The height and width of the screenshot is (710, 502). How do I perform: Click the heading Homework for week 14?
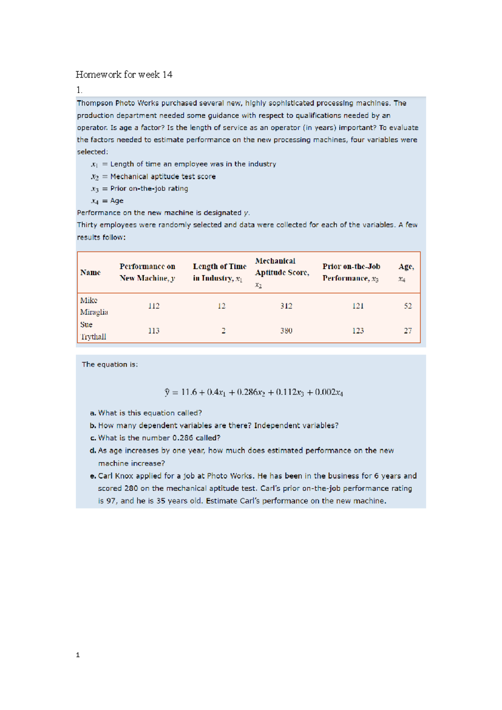(x=124, y=75)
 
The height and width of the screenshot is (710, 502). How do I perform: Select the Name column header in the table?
(x=90, y=273)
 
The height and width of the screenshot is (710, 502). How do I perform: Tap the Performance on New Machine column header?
(x=147, y=272)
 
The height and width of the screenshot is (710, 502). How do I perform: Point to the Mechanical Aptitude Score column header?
(x=282, y=272)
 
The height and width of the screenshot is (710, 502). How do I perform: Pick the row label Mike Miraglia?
(x=94, y=306)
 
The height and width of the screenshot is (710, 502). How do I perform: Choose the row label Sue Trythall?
(x=93, y=331)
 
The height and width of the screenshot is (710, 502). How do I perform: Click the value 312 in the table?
(x=286, y=306)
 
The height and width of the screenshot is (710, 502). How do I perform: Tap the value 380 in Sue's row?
(x=286, y=331)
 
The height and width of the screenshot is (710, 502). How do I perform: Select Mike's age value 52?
(x=408, y=306)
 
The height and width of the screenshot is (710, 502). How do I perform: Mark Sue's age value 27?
(x=408, y=331)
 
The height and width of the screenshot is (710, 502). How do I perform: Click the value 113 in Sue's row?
(x=154, y=331)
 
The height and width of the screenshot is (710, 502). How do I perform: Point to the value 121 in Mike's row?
(x=358, y=306)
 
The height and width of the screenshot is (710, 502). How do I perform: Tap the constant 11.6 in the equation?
(x=189, y=392)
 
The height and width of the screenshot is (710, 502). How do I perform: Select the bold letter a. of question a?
(x=93, y=413)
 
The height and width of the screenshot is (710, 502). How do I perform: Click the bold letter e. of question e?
(x=93, y=476)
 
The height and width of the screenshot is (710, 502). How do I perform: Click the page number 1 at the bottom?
(x=78, y=655)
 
